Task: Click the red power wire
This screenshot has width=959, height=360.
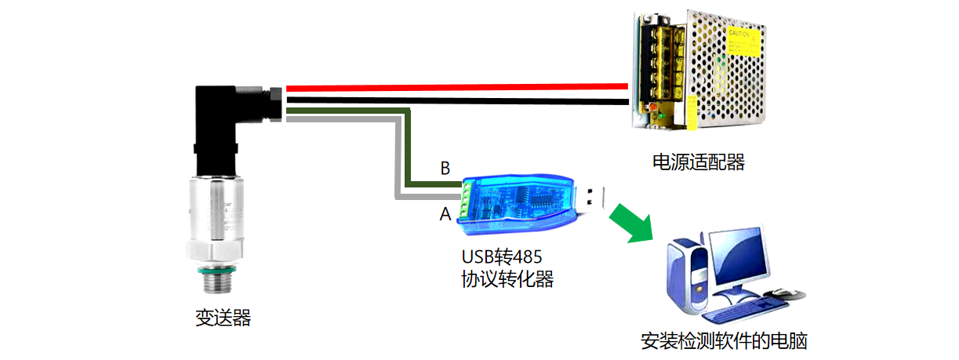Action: point(455,87)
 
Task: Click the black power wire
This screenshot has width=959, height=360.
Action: point(455,101)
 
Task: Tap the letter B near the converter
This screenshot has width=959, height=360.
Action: point(445,168)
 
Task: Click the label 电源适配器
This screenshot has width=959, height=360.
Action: point(698,162)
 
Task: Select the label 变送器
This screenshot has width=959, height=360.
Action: point(223,318)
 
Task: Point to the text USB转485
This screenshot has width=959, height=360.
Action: point(502,256)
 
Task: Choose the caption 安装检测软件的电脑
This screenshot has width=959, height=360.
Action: point(724,341)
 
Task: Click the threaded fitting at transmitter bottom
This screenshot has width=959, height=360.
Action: point(216,279)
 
